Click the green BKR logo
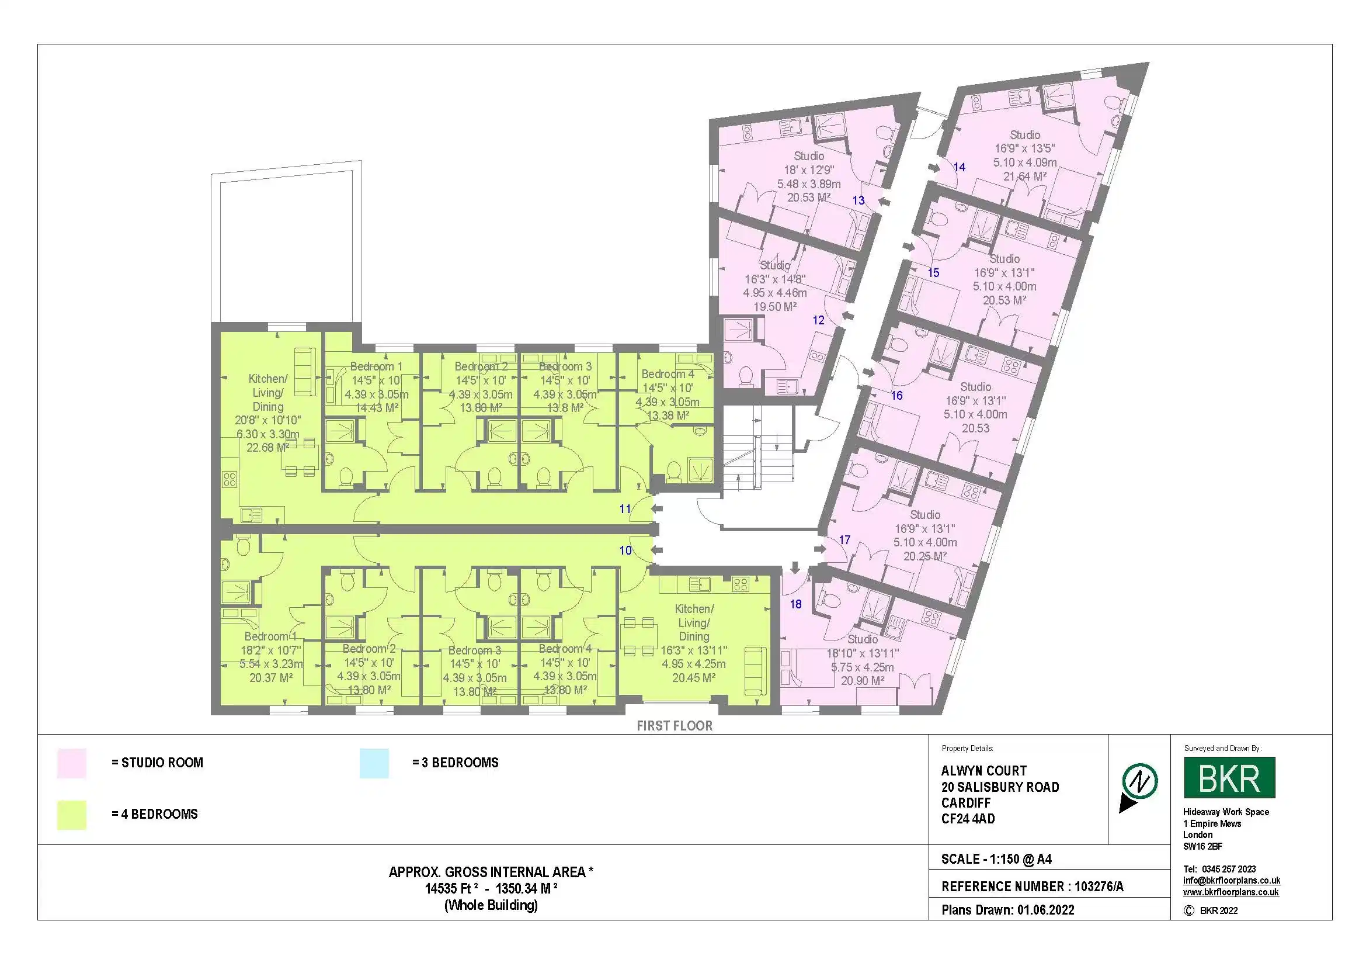(1229, 777)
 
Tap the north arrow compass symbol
(1139, 787)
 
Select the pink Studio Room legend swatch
(71, 763)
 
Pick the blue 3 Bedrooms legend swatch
(374, 763)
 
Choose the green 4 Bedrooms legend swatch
(71, 814)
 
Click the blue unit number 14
(959, 167)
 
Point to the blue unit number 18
(795, 604)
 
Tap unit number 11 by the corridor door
(625, 509)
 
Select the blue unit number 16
(896, 396)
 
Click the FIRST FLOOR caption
(674, 726)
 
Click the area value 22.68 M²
(267, 448)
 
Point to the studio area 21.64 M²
(1024, 176)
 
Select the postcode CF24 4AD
(968, 819)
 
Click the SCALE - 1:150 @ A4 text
(996, 860)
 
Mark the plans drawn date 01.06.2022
(1045, 910)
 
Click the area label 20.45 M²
(694, 678)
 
